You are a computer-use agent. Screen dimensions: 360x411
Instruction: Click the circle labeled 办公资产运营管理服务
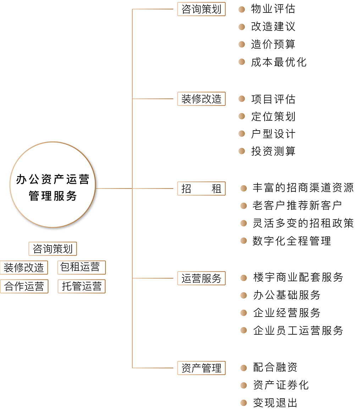pyautogui.click(x=52, y=185)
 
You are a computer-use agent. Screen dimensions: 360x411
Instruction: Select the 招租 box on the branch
pyautogui.click(x=201, y=188)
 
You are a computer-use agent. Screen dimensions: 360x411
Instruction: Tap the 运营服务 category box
pyautogui.click(x=201, y=278)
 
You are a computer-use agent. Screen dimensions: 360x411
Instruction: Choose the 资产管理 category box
pyautogui.click(x=201, y=368)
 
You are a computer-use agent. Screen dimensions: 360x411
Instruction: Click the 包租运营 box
pyautogui.click(x=82, y=267)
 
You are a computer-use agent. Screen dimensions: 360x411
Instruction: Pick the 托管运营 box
pyautogui.click(x=82, y=286)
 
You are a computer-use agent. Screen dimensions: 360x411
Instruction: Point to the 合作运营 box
pyautogui.click(x=24, y=286)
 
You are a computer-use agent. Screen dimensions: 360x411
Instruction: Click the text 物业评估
pyautogui.click(x=273, y=9)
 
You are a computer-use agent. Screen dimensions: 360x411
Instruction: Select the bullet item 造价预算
pyautogui.click(x=273, y=44)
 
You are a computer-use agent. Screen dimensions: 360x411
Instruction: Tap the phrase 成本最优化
pyautogui.click(x=278, y=62)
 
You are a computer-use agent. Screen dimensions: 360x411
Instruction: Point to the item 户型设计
pyautogui.click(x=273, y=134)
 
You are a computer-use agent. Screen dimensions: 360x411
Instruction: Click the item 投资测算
pyautogui.click(x=273, y=151)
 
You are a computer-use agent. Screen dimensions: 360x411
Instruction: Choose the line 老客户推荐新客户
pyautogui.click(x=297, y=205)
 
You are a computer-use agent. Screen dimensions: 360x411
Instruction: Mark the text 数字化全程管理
pyautogui.click(x=292, y=241)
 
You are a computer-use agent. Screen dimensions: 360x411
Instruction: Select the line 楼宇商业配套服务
pyautogui.click(x=298, y=277)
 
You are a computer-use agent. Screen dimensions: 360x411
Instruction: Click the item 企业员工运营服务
pyautogui.click(x=298, y=330)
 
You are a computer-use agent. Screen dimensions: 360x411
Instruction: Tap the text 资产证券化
pyautogui.click(x=281, y=385)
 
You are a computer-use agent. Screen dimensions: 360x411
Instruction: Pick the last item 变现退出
pyautogui.click(x=275, y=403)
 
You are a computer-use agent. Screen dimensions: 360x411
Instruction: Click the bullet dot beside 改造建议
pyautogui.click(x=242, y=27)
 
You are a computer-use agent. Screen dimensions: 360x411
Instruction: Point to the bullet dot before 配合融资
pyautogui.click(x=244, y=368)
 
